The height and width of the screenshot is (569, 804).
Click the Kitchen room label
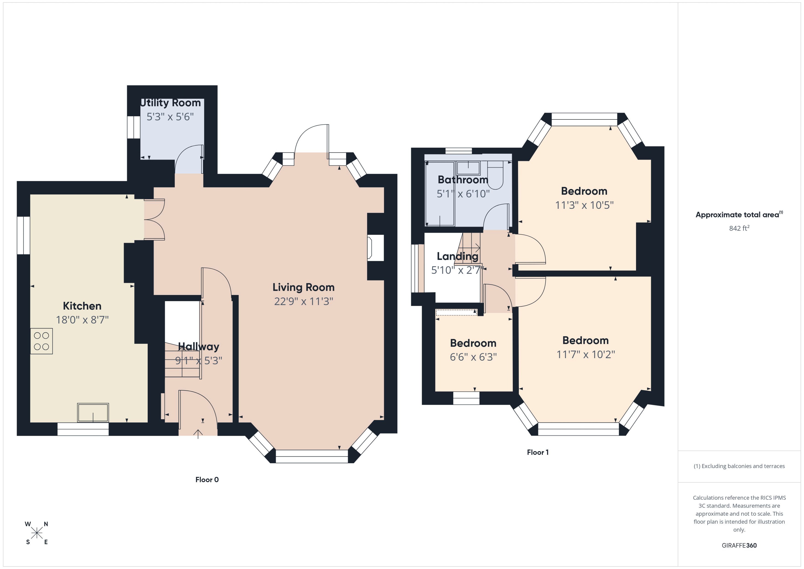[x=82, y=306]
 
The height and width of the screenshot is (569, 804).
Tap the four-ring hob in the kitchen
[x=41, y=341]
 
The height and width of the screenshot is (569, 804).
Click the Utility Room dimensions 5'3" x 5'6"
[x=170, y=117]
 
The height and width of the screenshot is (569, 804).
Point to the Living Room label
[x=303, y=287]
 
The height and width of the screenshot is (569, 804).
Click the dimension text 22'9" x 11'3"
[x=303, y=301]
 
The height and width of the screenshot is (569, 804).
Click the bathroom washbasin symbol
[x=468, y=168]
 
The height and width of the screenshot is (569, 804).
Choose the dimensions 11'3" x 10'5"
[x=584, y=205]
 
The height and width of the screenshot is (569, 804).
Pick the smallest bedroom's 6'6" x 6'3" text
[x=473, y=357]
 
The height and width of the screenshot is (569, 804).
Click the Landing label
[x=457, y=256]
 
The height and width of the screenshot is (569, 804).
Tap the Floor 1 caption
[x=537, y=452]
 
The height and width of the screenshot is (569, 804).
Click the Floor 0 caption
[x=207, y=480]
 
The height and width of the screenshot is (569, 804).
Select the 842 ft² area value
[x=739, y=228]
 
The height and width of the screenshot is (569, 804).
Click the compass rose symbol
[x=37, y=533]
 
